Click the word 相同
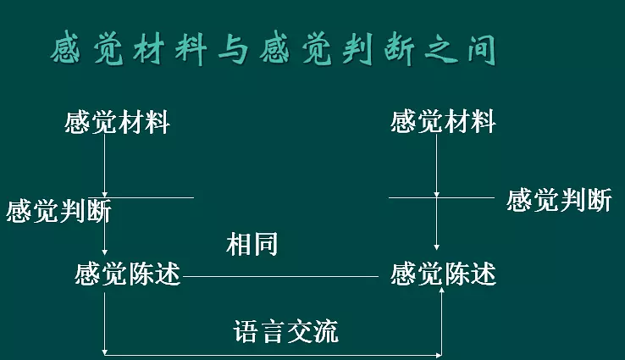pyautogui.click(x=252, y=245)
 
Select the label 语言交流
pyautogui.click(x=286, y=330)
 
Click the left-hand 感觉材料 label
pyautogui.click(x=117, y=123)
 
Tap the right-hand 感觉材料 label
pyautogui.click(x=443, y=122)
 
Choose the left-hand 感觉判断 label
pyautogui.click(x=58, y=211)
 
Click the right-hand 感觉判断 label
pyautogui.click(x=559, y=201)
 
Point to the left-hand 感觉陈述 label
pyautogui.click(x=128, y=274)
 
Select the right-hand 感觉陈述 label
pyautogui.click(x=443, y=274)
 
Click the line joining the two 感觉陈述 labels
pyautogui.click(x=285, y=276)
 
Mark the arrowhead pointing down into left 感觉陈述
pyautogui.click(x=104, y=251)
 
